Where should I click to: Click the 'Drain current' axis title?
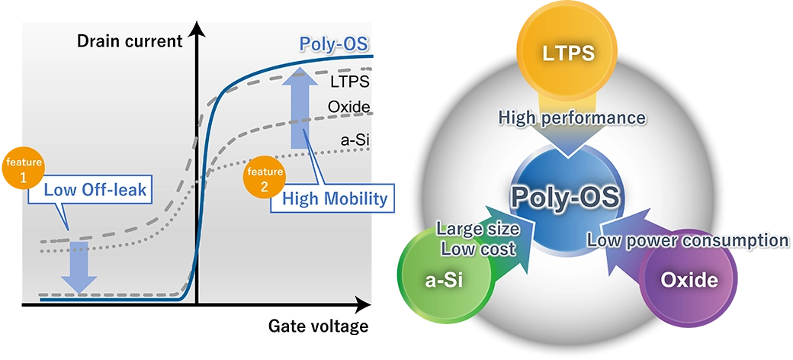pyautogui.click(x=130, y=41)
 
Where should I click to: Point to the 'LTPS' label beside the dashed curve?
pyautogui.click(x=351, y=80)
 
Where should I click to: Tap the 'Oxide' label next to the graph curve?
pyautogui.click(x=349, y=107)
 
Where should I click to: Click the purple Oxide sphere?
pyautogui.click(x=689, y=280)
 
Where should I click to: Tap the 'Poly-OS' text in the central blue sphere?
pyautogui.click(x=565, y=197)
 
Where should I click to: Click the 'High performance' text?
pyautogui.click(x=572, y=117)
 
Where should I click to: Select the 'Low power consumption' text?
pyautogui.click(x=687, y=240)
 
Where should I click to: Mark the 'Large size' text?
pyautogui.click(x=477, y=228)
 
